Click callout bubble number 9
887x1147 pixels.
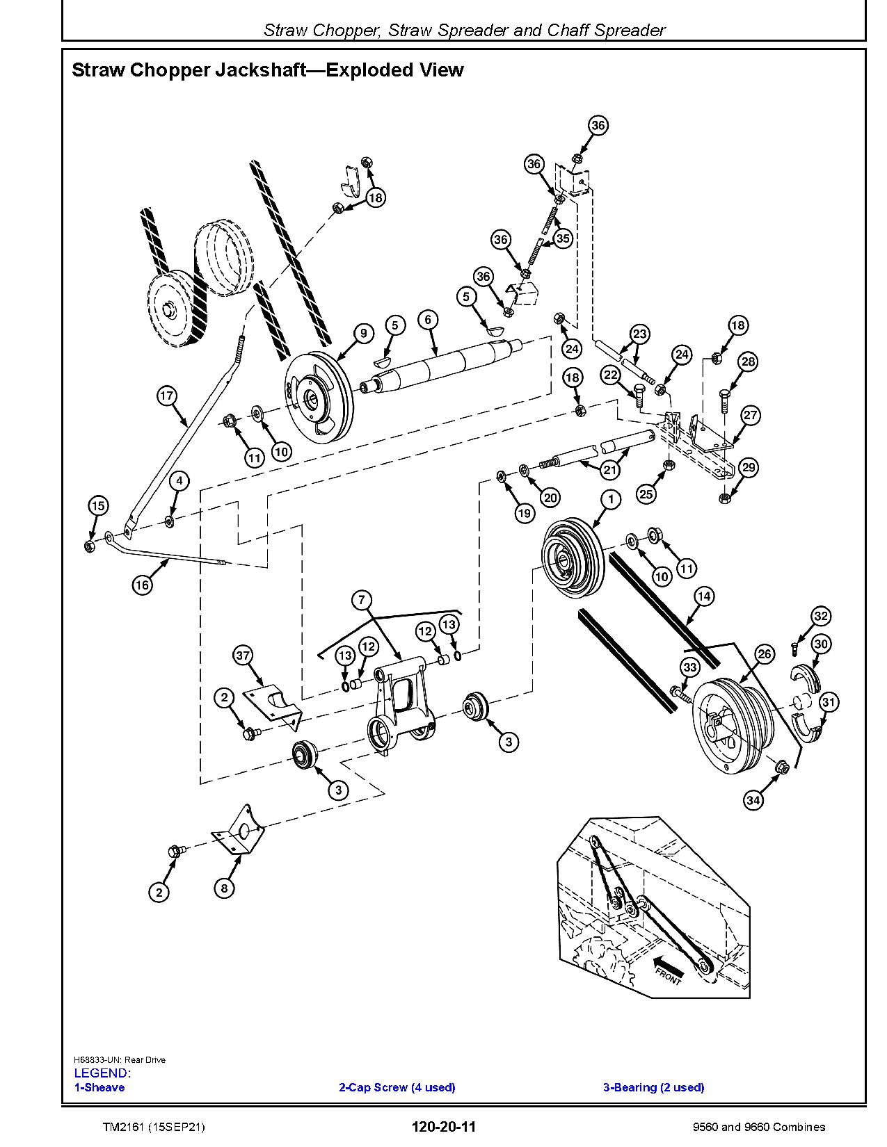364,333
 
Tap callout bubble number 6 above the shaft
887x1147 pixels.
428,319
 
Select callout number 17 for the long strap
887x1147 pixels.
166,396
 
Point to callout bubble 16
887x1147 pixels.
142,585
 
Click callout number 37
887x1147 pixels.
243,656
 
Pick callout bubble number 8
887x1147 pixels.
224,888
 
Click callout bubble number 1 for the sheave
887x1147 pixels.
611,499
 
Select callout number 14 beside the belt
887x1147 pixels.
703,596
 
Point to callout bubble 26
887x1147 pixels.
764,653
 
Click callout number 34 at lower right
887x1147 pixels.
753,800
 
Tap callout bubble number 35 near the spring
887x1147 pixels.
562,238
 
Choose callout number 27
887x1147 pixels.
750,415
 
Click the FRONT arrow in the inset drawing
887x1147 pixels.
664,969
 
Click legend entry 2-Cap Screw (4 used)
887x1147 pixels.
397,1087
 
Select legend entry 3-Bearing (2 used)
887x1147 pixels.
653,1087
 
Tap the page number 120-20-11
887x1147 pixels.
442,1127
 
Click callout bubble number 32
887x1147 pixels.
821,616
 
